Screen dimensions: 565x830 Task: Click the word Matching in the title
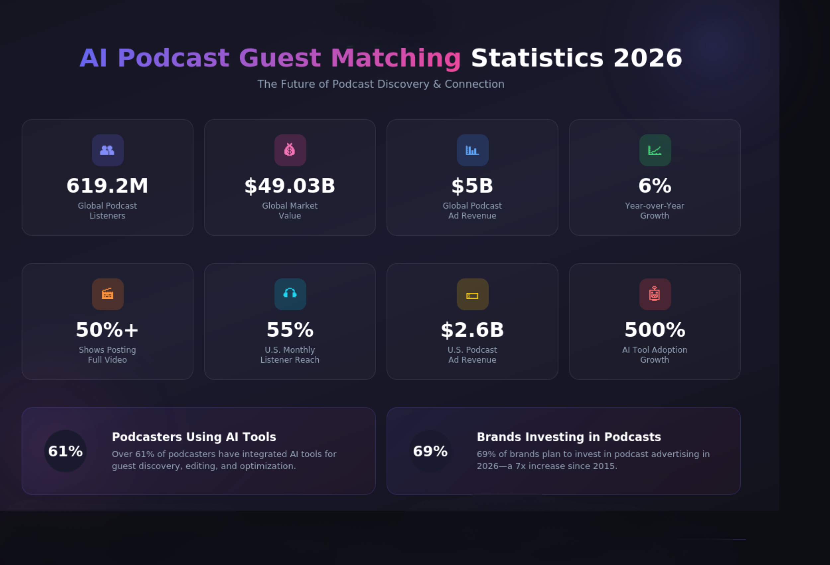[396, 58]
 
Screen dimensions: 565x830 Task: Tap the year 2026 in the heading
[647, 58]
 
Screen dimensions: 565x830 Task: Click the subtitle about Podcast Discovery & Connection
[381, 84]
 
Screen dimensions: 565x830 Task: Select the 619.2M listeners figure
[107, 185]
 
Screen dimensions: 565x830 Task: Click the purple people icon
[108, 150]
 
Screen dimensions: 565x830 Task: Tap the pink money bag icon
[290, 150]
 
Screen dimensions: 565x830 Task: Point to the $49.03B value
[290, 185]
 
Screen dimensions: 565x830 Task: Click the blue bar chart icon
[472, 150]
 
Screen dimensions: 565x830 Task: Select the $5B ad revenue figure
[472, 185]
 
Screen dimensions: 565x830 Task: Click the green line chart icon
[655, 150]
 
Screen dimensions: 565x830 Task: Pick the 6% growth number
[655, 185]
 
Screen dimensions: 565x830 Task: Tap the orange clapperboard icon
[108, 294]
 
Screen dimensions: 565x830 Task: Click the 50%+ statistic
[107, 330]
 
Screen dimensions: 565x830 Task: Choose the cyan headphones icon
[290, 294]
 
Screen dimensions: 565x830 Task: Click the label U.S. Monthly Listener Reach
[290, 355]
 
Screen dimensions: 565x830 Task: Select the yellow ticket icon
[472, 294]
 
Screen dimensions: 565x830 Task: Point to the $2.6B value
[472, 330]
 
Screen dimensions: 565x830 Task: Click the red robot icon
[655, 294]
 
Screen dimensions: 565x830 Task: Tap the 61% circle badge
[65, 451]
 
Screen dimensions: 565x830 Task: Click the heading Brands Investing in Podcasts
[569, 437]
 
